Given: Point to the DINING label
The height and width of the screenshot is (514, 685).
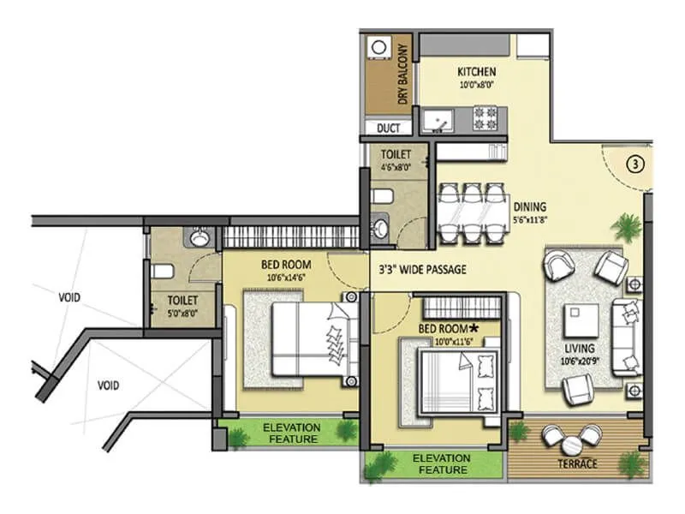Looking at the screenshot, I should pyautogui.click(x=530, y=206).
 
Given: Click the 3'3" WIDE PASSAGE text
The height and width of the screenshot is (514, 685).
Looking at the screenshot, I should pyautogui.click(x=422, y=269).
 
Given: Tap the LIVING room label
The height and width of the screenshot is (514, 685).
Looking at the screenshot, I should pyautogui.click(x=580, y=349).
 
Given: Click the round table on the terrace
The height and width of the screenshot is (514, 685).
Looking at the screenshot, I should pyautogui.click(x=570, y=443).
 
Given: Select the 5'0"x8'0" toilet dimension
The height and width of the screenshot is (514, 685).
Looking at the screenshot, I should pyautogui.click(x=183, y=314).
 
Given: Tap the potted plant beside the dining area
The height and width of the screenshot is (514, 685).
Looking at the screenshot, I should pyautogui.click(x=626, y=227).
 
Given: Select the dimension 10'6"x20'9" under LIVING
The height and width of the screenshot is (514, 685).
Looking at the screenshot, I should pyautogui.click(x=580, y=361).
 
